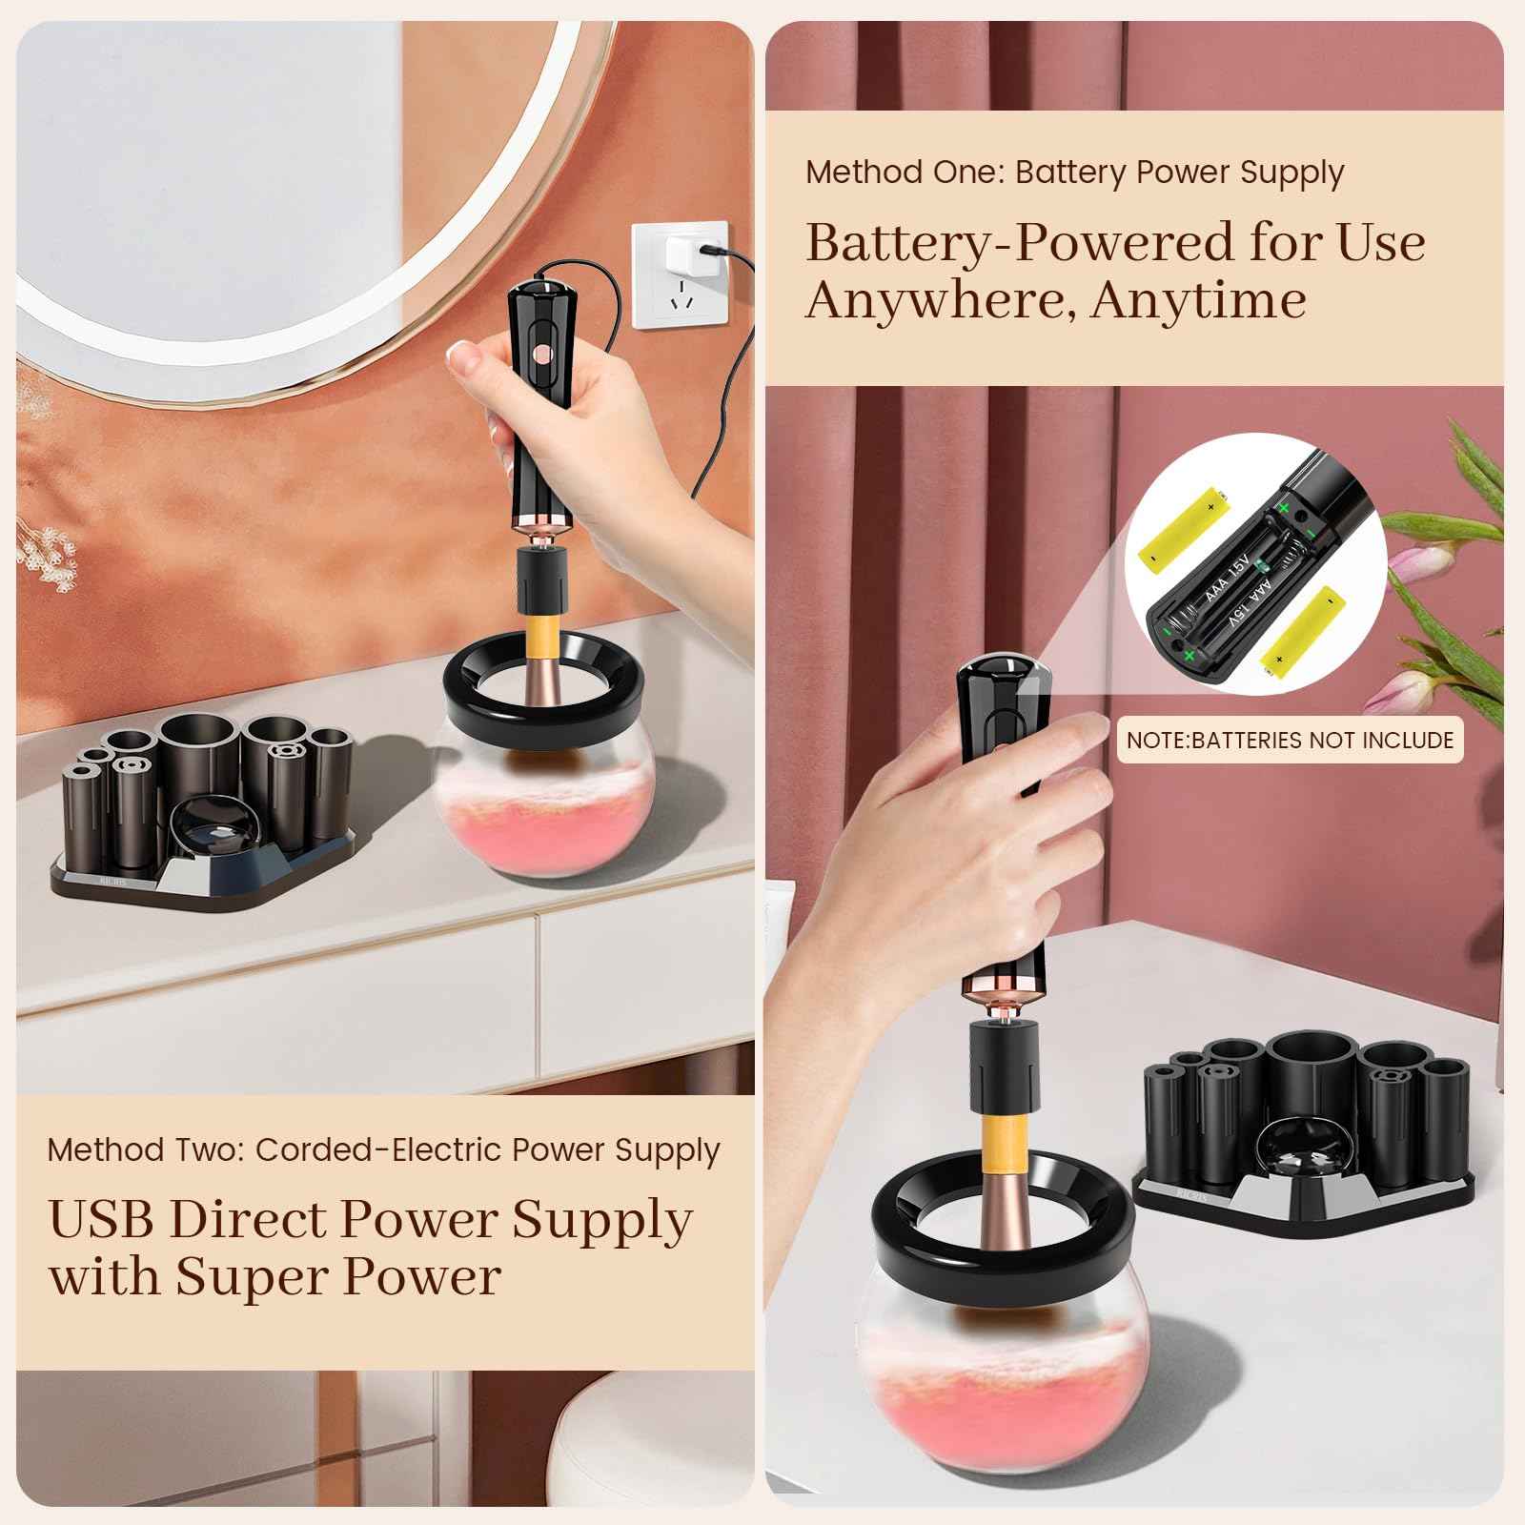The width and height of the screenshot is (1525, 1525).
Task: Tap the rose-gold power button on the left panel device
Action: (x=541, y=354)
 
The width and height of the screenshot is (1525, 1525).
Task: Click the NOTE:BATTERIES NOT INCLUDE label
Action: (x=1290, y=740)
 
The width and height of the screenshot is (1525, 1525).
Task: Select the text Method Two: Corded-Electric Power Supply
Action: (x=383, y=1149)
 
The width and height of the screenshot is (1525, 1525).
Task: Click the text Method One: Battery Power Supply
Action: (x=1074, y=173)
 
